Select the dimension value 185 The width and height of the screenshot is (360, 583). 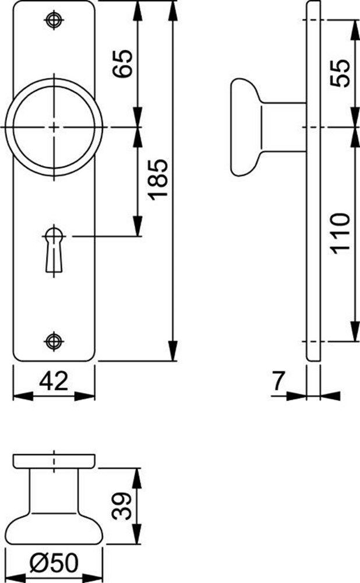coord(158,180)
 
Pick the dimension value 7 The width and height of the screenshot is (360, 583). coord(279,382)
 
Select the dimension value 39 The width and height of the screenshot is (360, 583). coord(122,505)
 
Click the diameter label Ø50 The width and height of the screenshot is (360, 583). coord(54,563)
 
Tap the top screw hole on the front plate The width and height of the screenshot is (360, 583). coord(54,20)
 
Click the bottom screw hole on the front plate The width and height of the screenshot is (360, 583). coord(54,340)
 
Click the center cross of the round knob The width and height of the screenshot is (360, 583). coord(54,127)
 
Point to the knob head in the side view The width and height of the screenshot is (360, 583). coord(244,127)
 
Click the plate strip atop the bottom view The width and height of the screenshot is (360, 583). coord(54,461)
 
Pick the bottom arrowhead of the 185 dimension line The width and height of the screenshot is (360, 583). coord(173,353)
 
